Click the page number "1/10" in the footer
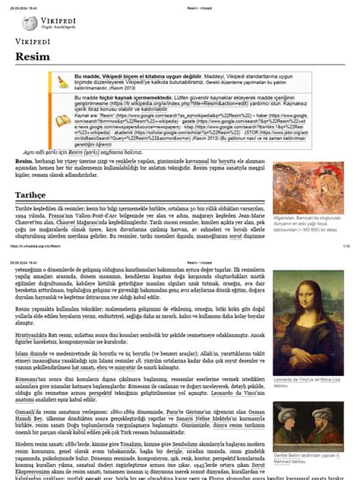point(346,247)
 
